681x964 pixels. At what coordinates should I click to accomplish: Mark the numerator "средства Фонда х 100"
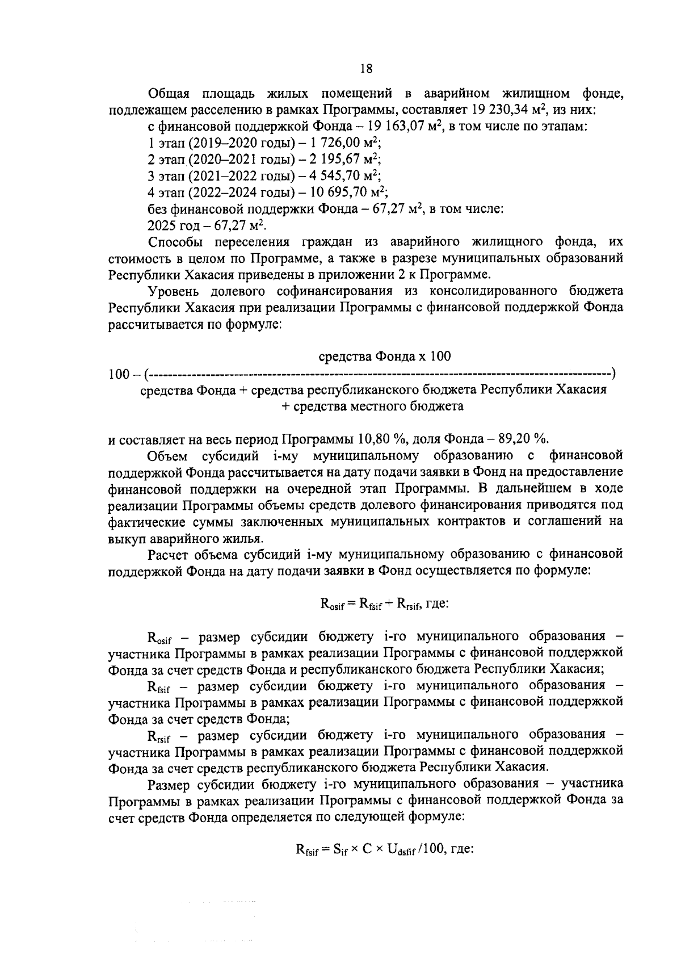384,357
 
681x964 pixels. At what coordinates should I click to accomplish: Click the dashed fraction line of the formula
380,374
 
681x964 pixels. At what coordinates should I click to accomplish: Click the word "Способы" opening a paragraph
176,242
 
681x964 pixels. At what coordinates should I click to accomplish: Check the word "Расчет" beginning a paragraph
171,554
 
